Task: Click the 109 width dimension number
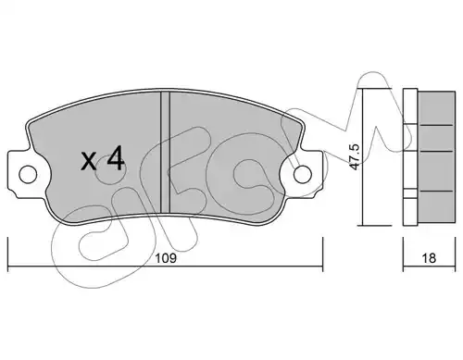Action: coord(166,258)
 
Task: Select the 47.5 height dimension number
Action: coord(355,156)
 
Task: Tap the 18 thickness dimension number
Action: coord(429,258)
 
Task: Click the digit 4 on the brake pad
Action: coord(116,158)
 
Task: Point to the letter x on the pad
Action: coord(89,161)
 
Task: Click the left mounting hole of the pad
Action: coord(28,175)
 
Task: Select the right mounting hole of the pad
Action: coord(303,175)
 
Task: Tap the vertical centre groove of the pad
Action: coord(166,152)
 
